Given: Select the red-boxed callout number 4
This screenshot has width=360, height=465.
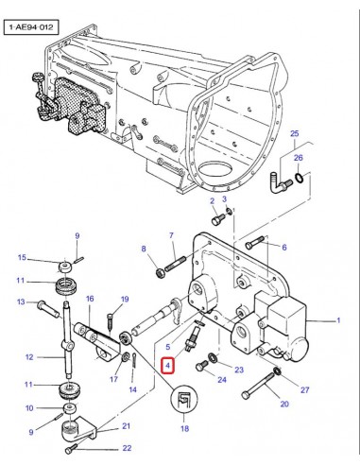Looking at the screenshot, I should (167, 364).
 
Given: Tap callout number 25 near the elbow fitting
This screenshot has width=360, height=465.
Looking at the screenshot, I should (294, 134).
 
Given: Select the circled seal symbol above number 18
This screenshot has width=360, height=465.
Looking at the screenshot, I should (183, 401).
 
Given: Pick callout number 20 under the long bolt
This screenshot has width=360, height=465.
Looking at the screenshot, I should (283, 405).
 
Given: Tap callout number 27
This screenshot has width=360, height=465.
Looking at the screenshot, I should (304, 389).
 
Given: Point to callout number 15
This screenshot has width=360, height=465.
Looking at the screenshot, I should (22, 258).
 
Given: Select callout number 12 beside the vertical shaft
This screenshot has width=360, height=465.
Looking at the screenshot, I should (29, 357).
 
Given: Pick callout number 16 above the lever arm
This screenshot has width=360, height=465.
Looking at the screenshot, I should (90, 299).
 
